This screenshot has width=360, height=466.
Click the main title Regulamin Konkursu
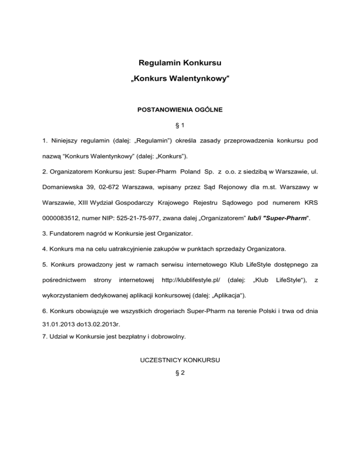pyautogui.click(x=180, y=62)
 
